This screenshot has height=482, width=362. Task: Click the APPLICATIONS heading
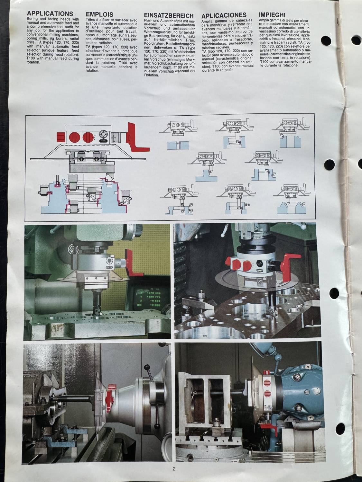[x=50, y=13]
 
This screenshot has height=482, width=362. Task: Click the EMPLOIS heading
[x=99, y=14]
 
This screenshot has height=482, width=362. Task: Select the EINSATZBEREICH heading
[x=169, y=16]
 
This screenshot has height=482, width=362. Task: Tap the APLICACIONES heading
[x=224, y=15]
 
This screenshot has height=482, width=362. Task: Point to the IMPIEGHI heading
[x=272, y=15]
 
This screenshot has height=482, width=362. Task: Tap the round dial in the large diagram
[x=103, y=134]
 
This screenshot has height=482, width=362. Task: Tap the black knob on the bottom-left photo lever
[x=146, y=367]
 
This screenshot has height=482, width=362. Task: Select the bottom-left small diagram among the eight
[x=179, y=201]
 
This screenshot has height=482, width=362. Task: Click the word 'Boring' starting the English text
[x=32, y=19]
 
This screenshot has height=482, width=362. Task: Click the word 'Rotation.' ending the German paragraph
[x=152, y=75]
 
